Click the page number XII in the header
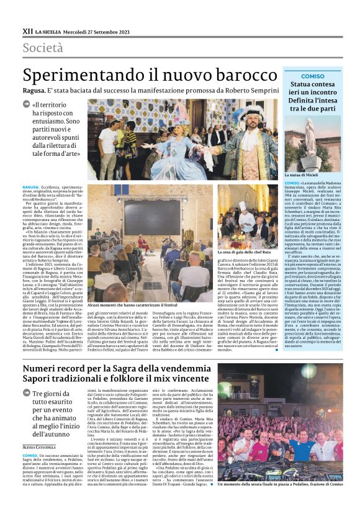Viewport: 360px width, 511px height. coord(27,30)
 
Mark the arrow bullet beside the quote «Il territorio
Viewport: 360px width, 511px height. coord(26,105)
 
